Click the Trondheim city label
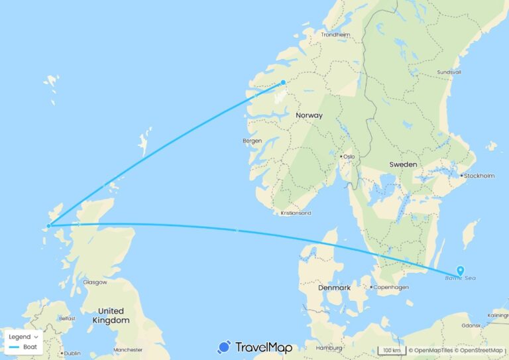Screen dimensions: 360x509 pos(335,35)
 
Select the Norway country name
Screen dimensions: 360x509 pos(309,115)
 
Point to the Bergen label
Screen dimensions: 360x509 pos(253,141)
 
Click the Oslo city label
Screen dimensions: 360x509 pos(349,156)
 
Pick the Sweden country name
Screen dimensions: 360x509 pos(403,164)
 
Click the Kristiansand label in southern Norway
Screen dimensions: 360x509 pos(296,213)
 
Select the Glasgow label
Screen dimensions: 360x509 pos(95,282)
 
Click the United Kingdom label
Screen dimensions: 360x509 pos(110,316)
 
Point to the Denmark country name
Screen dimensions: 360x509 pos(333,288)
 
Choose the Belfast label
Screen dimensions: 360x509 pos(68,318)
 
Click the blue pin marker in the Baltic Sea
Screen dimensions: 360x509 pos(460,270)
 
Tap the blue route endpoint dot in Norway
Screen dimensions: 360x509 pos(283,82)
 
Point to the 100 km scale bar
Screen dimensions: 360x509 pos(390,350)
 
